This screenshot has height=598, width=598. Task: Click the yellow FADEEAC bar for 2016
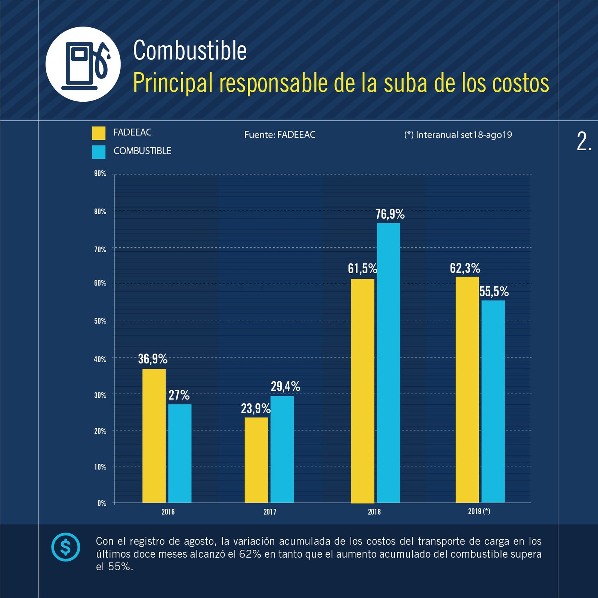154,435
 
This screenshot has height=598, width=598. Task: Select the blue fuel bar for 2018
388,363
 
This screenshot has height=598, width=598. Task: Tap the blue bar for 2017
282,449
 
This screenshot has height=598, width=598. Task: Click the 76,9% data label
390,214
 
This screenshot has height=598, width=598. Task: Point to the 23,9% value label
256,409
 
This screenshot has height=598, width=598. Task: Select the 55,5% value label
494,292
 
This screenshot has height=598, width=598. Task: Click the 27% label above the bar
179,395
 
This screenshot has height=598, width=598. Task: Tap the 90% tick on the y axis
100,173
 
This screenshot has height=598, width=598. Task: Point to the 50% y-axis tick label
100,321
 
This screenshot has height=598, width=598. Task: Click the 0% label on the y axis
102,503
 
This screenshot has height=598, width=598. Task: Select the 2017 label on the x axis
270,512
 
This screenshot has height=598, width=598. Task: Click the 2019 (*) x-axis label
479,511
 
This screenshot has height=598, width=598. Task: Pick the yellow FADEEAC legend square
99,133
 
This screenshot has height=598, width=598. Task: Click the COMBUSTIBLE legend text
142,151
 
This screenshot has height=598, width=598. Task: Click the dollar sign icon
65,547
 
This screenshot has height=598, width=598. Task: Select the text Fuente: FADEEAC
280,135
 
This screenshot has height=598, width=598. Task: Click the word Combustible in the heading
190,50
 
